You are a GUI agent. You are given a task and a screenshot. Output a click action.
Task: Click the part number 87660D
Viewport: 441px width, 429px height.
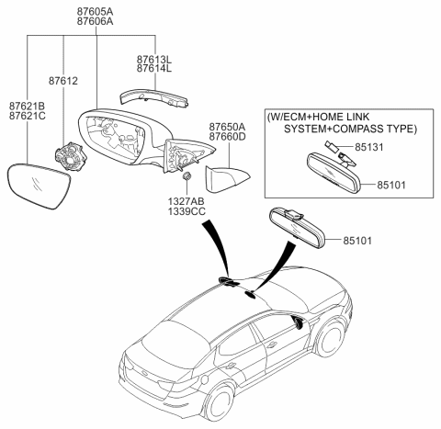click(x=226, y=138)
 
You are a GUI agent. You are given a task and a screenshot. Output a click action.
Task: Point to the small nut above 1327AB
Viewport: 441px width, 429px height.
click(x=186, y=175)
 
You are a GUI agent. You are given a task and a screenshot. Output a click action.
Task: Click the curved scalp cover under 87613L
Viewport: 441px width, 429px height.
click(x=151, y=96)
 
